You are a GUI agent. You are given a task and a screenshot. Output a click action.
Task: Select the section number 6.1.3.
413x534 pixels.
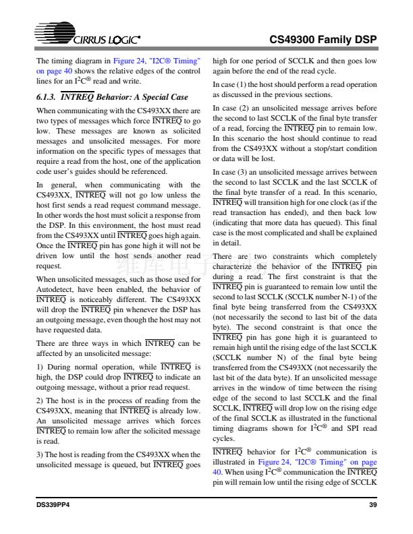[x=47, y=97]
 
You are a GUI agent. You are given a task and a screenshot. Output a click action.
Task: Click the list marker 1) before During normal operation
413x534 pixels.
[x=40, y=367]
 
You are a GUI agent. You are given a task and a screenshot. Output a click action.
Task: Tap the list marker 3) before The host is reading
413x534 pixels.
[x=40, y=454]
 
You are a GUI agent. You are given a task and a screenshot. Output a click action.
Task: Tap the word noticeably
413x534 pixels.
[x=92, y=298]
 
